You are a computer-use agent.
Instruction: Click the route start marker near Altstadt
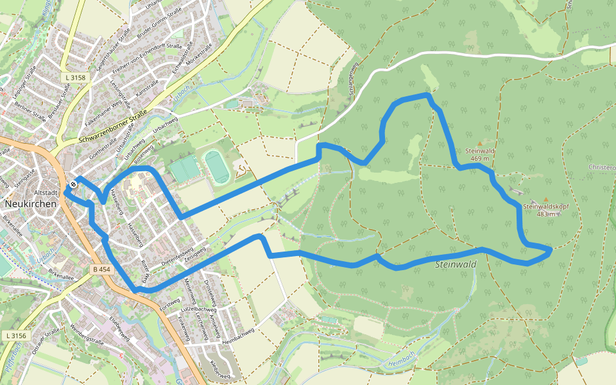point(74,184)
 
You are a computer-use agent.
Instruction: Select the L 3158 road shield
point(76,77)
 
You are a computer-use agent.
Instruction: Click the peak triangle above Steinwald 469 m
point(480,142)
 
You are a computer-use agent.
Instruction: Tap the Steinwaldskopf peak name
point(545,207)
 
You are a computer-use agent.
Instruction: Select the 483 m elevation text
point(545,214)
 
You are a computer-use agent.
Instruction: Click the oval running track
point(217,166)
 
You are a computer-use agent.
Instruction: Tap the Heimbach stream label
point(403,359)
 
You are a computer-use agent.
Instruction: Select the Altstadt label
point(46,193)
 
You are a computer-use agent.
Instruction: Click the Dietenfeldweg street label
point(177,257)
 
